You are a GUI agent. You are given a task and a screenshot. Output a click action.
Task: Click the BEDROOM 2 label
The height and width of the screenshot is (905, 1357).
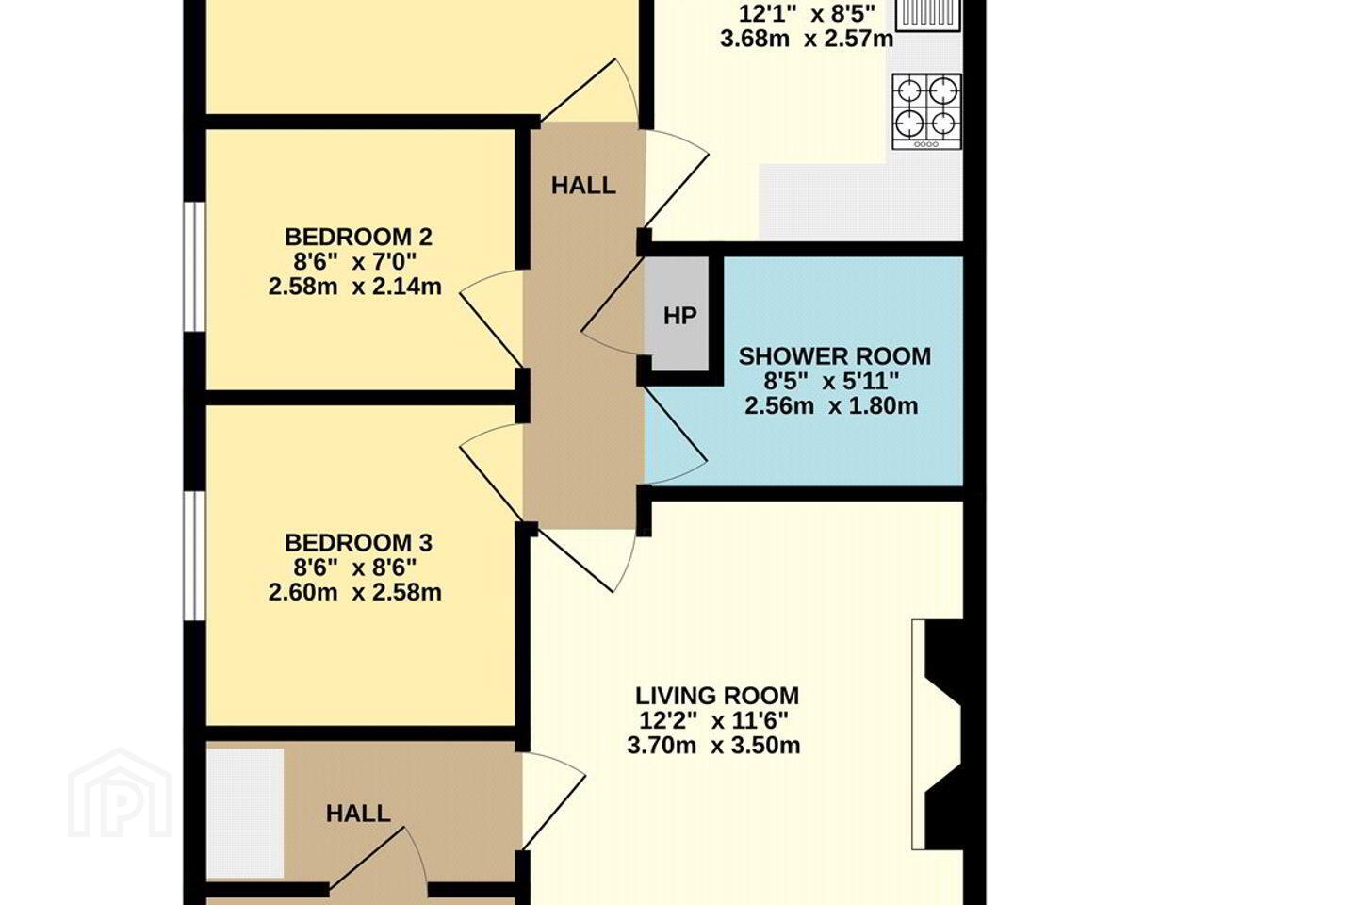(x=359, y=237)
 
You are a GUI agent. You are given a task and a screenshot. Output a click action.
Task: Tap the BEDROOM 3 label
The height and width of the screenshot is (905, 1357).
(x=359, y=542)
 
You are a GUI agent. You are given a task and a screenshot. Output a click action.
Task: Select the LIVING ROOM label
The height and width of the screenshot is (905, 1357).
(x=717, y=696)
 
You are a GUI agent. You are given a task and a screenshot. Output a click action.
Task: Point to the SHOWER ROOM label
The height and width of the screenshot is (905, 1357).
(x=835, y=356)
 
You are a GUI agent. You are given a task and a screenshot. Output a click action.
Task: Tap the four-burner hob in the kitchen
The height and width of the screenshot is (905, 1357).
(x=926, y=111)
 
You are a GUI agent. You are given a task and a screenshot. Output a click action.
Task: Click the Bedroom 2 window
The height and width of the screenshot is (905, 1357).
(x=194, y=267)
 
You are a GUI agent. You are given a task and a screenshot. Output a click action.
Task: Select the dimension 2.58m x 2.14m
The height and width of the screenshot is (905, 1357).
(x=355, y=286)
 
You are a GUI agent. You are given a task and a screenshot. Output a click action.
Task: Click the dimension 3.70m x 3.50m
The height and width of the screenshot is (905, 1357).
(x=713, y=746)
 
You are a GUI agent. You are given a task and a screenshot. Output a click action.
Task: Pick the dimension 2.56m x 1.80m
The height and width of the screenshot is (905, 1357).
(x=831, y=405)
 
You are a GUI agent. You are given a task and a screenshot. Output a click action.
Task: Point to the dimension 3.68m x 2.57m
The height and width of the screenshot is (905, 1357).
(x=807, y=39)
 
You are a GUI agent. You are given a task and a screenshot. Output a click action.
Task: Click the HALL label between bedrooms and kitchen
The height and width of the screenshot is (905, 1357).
(x=583, y=186)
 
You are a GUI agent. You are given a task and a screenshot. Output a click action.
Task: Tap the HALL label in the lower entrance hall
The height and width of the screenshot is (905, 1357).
(x=358, y=814)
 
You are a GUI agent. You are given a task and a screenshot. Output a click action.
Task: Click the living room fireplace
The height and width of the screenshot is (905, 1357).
(x=937, y=734)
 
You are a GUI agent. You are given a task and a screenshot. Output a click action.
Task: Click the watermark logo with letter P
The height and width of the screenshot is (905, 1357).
(x=120, y=793)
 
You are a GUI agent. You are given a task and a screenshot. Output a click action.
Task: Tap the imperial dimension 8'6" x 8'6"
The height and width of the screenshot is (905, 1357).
(x=355, y=568)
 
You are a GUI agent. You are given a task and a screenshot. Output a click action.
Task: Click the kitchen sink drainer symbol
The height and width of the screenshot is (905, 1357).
(x=927, y=13)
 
